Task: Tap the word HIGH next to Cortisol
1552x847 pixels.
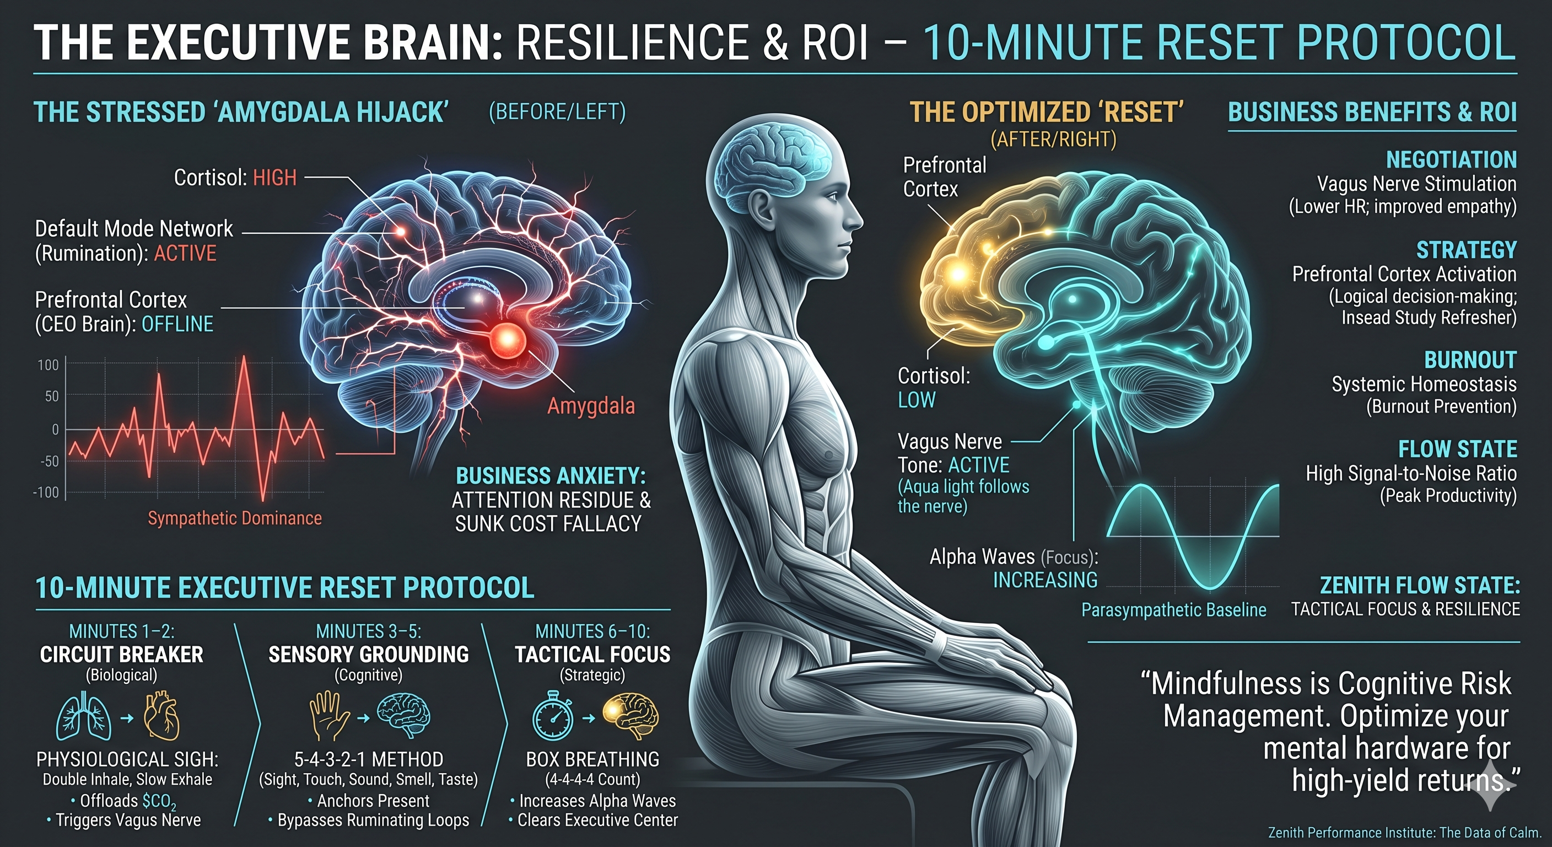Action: pyautogui.click(x=274, y=178)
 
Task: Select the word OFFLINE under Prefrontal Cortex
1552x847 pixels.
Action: pyautogui.click(x=177, y=324)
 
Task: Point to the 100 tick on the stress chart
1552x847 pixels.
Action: pyautogui.click(x=48, y=364)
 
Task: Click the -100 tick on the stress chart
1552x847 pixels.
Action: pyautogui.click(x=46, y=492)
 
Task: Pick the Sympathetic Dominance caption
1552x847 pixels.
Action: pyautogui.click(x=235, y=518)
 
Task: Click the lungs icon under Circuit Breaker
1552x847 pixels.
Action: pyautogui.click(x=84, y=717)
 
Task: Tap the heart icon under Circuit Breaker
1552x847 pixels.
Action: pyautogui.click(x=161, y=717)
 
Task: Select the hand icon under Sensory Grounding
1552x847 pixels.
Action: pyautogui.click(x=329, y=716)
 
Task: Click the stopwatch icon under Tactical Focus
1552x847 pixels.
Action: pyautogui.click(x=552, y=716)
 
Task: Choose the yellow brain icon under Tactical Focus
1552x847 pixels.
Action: pyautogui.click(x=631, y=716)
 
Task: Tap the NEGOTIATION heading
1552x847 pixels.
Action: pyautogui.click(x=1451, y=160)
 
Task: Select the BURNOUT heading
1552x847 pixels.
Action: pyautogui.click(x=1470, y=360)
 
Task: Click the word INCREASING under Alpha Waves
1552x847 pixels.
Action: pyautogui.click(x=1046, y=580)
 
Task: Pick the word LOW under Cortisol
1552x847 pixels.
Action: pyautogui.click(x=917, y=400)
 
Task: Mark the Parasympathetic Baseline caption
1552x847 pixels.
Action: pyautogui.click(x=1173, y=610)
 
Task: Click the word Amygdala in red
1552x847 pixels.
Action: pyautogui.click(x=591, y=406)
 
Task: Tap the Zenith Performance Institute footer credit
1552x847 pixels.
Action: pyautogui.click(x=1404, y=833)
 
